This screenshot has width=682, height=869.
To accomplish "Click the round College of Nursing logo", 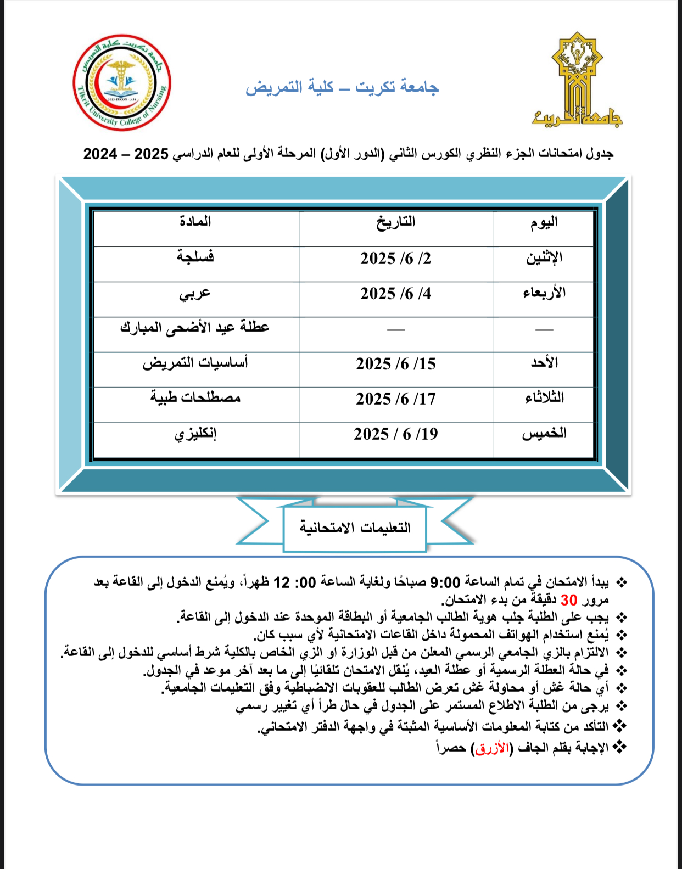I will coord(122,83).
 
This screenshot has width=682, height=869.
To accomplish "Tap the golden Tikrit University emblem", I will coord(577,80).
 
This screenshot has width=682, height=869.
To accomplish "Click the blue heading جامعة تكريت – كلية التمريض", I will coord(342,87).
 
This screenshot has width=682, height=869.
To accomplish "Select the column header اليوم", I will coord(544,222).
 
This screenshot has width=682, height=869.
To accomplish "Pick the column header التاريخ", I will coord(395,222).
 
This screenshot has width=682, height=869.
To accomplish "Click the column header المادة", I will coord(195,222).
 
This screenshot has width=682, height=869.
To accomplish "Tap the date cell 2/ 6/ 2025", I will coord(395,259).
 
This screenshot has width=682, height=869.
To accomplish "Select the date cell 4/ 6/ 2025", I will coord(395,294).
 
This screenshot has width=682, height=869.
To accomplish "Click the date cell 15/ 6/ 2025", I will coord(395,364).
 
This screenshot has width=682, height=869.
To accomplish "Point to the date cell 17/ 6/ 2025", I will coord(395,399).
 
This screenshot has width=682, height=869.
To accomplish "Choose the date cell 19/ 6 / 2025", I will coord(395,434).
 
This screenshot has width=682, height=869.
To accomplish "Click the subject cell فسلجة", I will coord(195,257).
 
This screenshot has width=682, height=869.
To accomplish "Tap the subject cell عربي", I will coord(195,293).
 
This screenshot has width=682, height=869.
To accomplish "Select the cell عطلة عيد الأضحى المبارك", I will coord(195,328).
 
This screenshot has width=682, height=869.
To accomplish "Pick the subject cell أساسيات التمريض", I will coord(195,363).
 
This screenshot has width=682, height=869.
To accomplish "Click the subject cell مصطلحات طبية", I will coord(195,397).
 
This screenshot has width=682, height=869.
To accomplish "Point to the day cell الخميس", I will coord(544,434).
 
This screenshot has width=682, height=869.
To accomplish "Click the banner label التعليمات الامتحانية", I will coord(355,528).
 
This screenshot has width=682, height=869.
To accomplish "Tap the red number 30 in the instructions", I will coord(569,600).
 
